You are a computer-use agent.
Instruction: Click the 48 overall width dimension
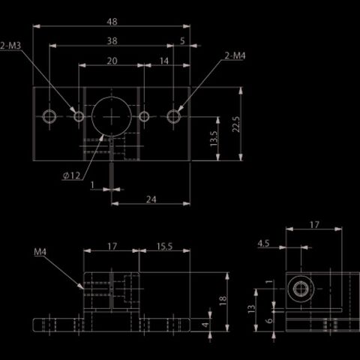112,22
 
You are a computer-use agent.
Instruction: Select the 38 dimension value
112,41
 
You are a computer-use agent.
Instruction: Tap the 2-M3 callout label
10,46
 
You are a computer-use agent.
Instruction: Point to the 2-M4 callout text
235,55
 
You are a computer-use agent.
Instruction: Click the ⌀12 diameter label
72,175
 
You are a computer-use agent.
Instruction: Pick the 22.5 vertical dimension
236,124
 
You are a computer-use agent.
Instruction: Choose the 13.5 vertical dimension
214,139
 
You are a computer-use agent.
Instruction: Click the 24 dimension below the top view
151,199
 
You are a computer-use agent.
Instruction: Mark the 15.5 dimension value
164,247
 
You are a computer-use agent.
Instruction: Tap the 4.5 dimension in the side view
263,243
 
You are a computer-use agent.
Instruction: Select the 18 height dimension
223,300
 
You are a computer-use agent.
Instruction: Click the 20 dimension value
112,61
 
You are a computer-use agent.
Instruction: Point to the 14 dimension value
164,61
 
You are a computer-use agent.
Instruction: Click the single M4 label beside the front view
40,252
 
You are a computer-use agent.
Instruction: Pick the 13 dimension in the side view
251,309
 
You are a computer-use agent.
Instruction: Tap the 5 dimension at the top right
182,40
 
